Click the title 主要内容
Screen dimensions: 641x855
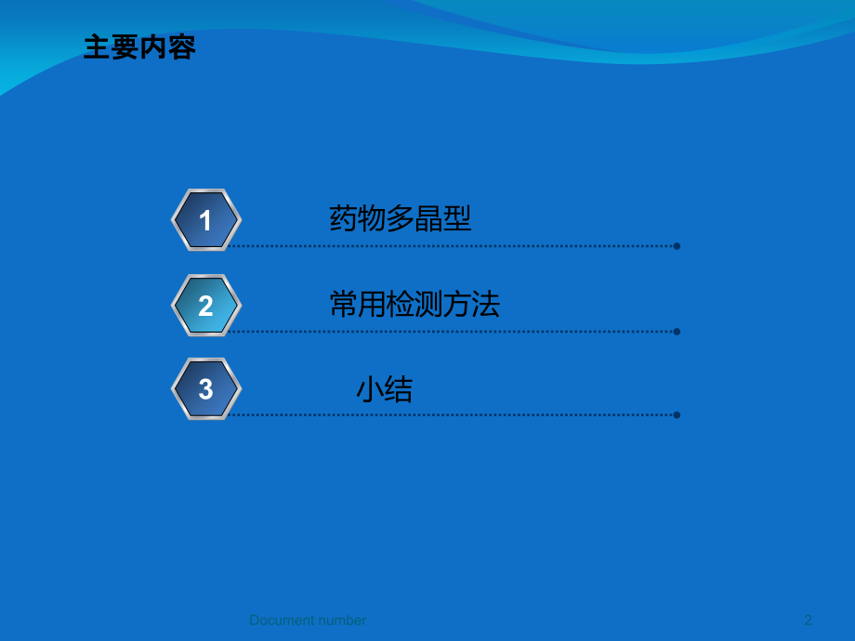click(139, 47)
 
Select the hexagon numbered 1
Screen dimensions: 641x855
click(206, 220)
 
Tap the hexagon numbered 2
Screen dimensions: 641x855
click(206, 306)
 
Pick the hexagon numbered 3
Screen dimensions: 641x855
click(206, 389)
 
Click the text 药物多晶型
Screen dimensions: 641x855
click(401, 219)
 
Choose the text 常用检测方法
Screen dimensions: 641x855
click(414, 305)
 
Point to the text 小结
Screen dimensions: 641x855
click(385, 390)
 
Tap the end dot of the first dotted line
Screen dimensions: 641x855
click(677, 246)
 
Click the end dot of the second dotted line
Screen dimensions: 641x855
click(677, 331)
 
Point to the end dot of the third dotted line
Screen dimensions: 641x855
click(677, 414)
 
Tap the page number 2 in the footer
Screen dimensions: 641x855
click(808, 620)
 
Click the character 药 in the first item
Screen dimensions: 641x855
click(344, 219)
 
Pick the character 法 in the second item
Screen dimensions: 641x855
click(486, 305)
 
